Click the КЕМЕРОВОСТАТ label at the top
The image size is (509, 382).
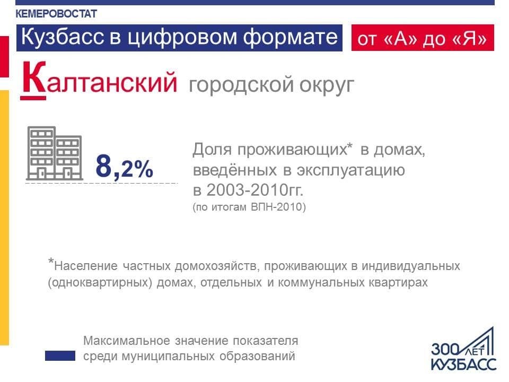point(56,14)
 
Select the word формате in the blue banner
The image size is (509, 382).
point(291,37)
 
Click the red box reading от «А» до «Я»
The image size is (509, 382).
point(423,38)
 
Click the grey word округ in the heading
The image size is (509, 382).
point(327,85)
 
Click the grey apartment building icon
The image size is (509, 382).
point(54,153)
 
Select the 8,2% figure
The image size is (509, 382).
point(124,167)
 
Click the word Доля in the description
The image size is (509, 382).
point(212,150)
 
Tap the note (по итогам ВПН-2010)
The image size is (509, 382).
point(249,207)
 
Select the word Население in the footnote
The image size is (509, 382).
point(86,266)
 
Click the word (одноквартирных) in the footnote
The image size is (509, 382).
point(100,283)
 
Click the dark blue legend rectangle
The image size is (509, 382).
point(60,355)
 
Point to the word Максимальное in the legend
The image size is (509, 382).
point(127,341)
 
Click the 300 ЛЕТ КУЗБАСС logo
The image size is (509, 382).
point(463,350)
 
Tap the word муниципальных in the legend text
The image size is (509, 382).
point(168,357)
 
